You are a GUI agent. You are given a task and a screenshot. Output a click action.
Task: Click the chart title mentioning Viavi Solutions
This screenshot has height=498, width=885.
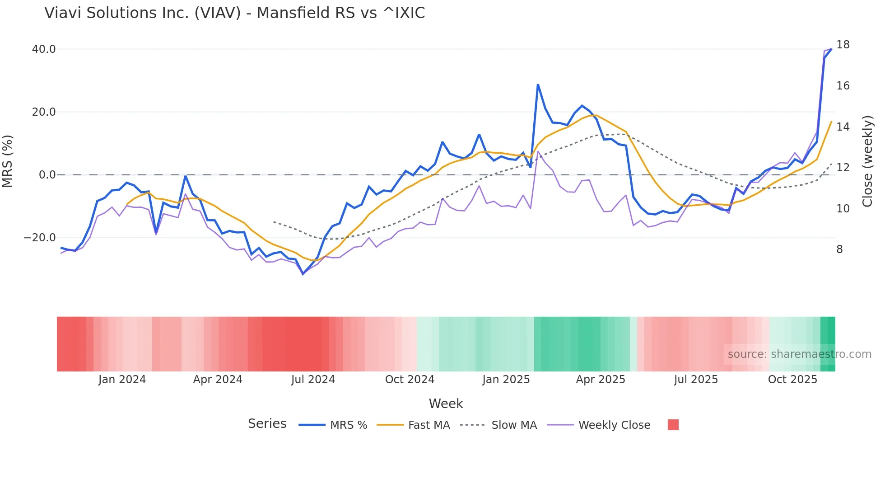coord(234,13)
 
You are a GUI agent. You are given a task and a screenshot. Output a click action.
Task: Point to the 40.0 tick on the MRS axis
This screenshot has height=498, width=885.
coord(44,49)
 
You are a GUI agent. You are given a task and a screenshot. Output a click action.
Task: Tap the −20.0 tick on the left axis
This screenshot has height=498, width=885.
coord(40,237)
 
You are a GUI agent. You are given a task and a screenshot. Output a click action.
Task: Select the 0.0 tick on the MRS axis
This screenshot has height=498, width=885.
coord(47,174)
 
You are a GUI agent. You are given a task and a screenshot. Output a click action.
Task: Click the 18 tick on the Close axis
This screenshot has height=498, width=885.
coord(843,45)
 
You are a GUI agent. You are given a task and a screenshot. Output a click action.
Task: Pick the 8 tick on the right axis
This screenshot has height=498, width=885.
coord(839,249)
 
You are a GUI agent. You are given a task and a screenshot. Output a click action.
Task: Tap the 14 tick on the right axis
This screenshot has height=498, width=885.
coord(843,127)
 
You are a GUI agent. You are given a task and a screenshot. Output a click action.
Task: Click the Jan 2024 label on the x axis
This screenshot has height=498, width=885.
coord(122,380)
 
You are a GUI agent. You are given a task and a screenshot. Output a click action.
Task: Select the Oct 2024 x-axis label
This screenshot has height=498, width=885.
coord(410,380)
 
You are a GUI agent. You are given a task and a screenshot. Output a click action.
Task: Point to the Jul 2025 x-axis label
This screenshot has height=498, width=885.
coord(696,380)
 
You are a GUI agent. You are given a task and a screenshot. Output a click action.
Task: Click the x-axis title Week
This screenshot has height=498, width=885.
coord(446,404)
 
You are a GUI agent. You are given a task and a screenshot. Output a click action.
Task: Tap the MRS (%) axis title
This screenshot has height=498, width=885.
coord(8,161)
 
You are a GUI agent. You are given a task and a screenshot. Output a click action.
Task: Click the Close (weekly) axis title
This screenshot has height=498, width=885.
coord(867,161)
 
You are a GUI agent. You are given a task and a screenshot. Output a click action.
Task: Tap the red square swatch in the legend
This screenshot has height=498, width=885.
coord(673,425)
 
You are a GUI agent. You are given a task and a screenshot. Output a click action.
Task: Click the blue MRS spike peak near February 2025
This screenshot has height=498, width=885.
coord(538,85)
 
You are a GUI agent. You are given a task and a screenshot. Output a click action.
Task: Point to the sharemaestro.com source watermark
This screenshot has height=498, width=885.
coord(799,354)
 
